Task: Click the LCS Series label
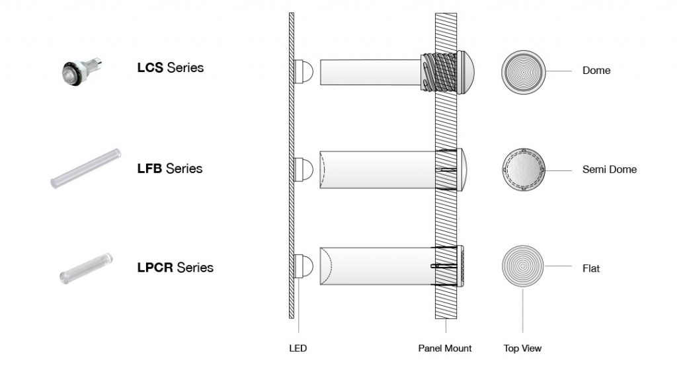[x=170, y=68]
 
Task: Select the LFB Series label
[x=169, y=169]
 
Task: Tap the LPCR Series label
[x=175, y=268]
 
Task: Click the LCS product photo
[x=79, y=70]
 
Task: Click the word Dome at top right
[x=596, y=71]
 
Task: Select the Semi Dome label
[x=610, y=170]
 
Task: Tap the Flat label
[x=591, y=269]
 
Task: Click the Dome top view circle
[x=522, y=71]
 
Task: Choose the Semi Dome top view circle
[x=522, y=170]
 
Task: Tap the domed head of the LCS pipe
[x=462, y=71]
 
